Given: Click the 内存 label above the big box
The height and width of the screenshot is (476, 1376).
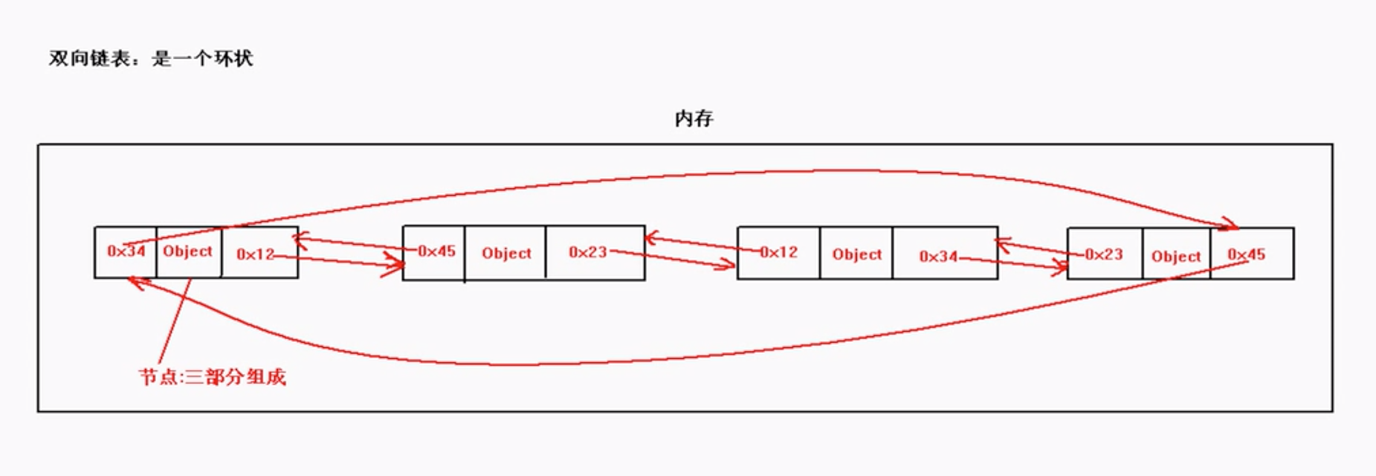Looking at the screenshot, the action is pyautogui.click(x=694, y=118).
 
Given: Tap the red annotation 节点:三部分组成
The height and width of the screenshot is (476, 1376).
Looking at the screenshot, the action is pyautogui.click(x=212, y=377).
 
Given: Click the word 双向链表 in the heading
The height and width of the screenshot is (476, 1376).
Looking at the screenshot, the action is pyautogui.click(x=89, y=59).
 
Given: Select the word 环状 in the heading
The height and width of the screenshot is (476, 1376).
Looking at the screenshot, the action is pyautogui.click(x=234, y=59).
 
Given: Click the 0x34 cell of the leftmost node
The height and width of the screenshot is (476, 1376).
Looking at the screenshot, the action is pyautogui.click(x=126, y=251).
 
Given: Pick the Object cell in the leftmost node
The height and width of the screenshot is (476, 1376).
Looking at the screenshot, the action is pyautogui.click(x=188, y=251).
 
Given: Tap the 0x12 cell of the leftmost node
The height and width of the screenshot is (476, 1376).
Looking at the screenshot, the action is pyautogui.click(x=256, y=254).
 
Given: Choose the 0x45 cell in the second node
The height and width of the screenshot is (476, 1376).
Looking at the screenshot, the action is pyautogui.click(x=436, y=251).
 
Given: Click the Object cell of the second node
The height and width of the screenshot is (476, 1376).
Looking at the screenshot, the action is pyautogui.click(x=506, y=254).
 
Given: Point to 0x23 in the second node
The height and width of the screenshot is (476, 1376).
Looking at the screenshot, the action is pyautogui.click(x=587, y=252).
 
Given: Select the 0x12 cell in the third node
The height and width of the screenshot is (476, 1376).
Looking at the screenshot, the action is pyautogui.click(x=779, y=252).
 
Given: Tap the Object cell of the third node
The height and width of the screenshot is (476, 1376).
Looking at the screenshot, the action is pyautogui.click(x=857, y=255).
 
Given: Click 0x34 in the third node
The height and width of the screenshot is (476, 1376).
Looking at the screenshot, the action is pyautogui.click(x=938, y=257).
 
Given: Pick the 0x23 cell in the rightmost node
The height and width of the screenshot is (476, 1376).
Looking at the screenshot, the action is pyautogui.click(x=1103, y=254).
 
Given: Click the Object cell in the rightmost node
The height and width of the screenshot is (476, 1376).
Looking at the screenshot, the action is pyautogui.click(x=1176, y=257).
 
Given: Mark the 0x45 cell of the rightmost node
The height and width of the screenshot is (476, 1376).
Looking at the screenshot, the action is pyautogui.click(x=1246, y=255).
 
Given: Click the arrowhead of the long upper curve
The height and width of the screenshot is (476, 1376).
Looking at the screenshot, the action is pyautogui.click(x=1233, y=226).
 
